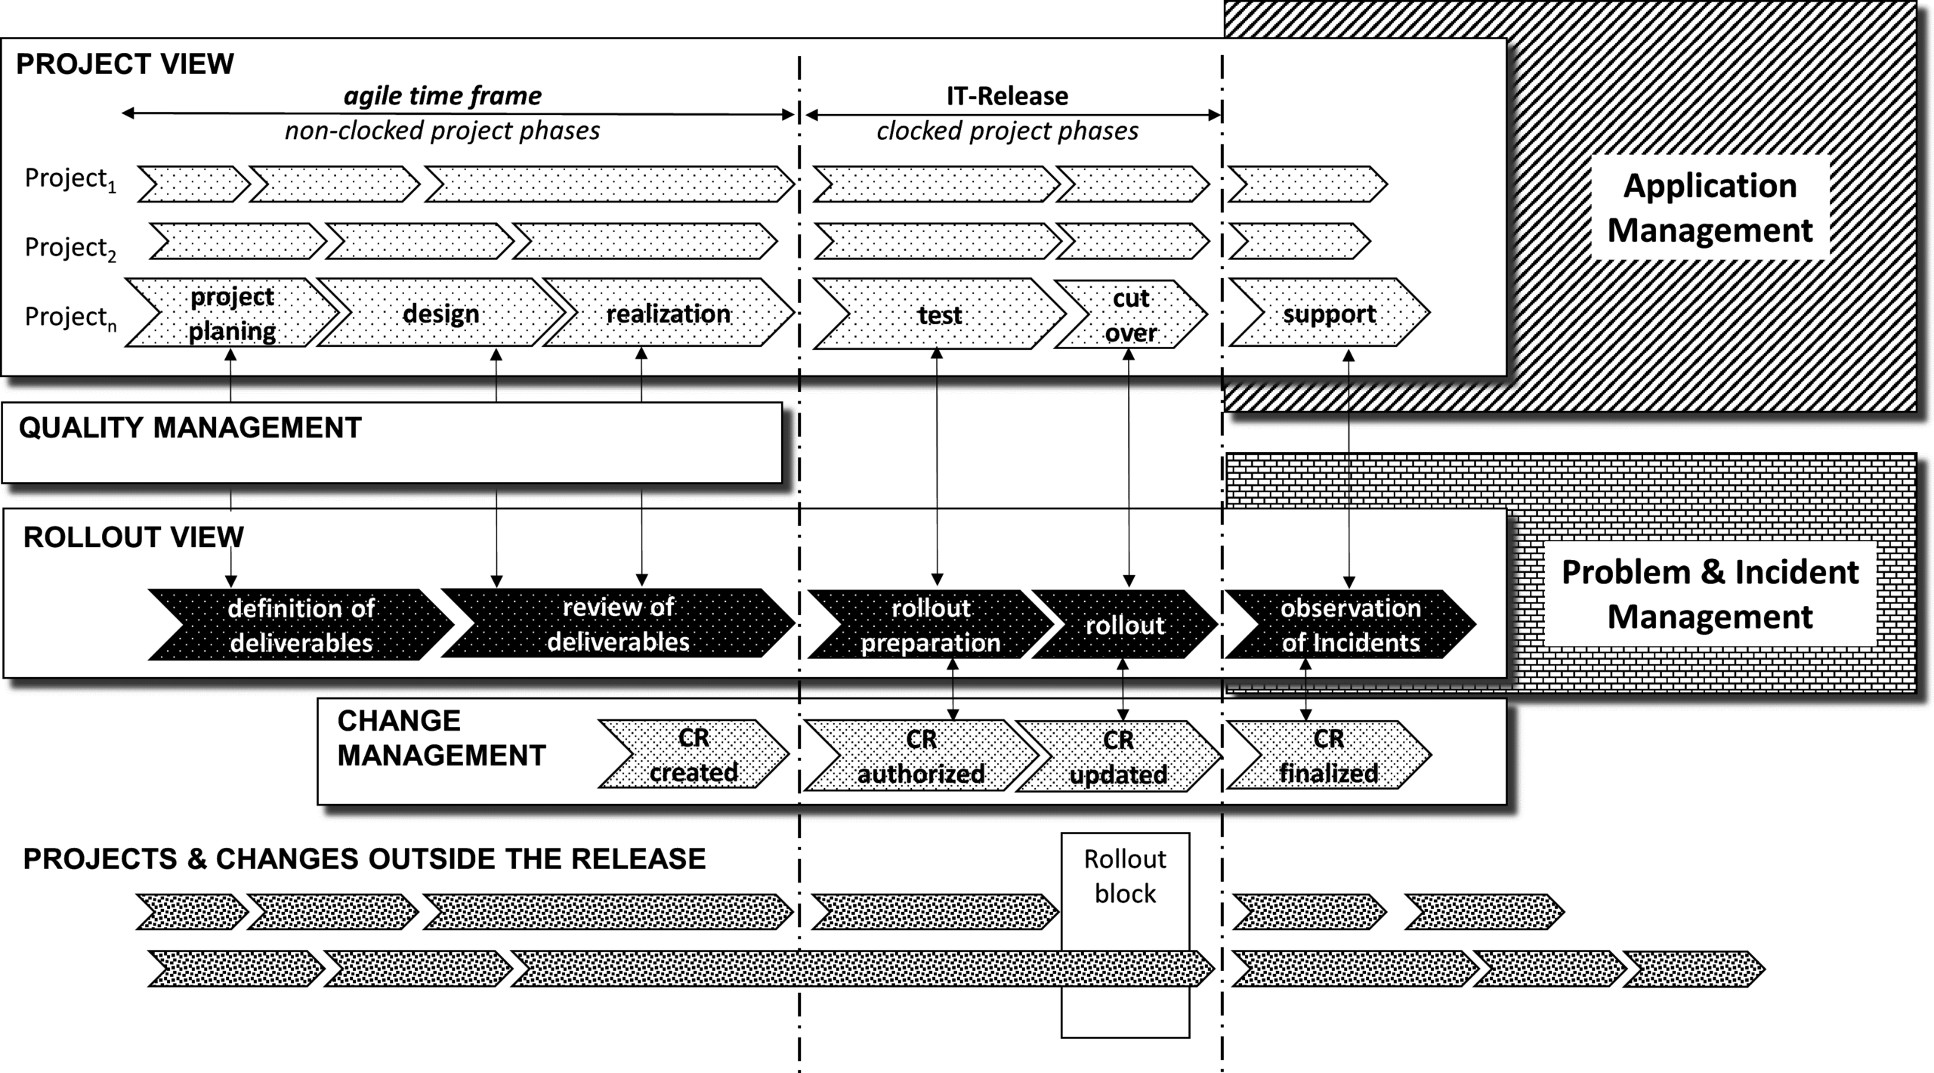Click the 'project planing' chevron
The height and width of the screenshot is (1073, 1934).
click(232, 314)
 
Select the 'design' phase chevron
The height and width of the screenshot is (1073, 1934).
click(441, 314)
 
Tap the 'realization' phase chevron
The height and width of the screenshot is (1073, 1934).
click(668, 314)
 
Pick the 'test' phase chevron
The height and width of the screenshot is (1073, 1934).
click(939, 314)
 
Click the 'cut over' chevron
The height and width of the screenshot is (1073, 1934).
click(1130, 315)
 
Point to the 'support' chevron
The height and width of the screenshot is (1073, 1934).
click(1329, 314)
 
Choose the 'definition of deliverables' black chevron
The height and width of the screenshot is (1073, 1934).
click(301, 625)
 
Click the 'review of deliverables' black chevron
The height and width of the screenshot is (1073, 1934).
click(618, 624)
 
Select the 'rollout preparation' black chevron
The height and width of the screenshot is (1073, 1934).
click(930, 625)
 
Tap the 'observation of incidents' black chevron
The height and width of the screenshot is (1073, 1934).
click(1350, 625)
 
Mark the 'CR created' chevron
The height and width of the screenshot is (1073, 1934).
click(694, 755)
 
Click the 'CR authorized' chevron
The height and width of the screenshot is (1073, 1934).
click(920, 756)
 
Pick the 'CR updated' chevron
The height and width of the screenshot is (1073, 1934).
click(1118, 757)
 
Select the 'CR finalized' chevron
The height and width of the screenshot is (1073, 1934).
click(1328, 756)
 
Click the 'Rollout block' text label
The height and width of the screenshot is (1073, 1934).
click(1125, 877)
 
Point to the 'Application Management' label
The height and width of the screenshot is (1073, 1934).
click(1710, 208)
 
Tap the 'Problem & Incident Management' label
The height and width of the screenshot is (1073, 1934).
click(1710, 595)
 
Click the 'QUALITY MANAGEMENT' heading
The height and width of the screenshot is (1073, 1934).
click(190, 428)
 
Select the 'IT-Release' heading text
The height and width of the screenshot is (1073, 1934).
click(1007, 96)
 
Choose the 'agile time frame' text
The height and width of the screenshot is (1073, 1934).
click(443, 96)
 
